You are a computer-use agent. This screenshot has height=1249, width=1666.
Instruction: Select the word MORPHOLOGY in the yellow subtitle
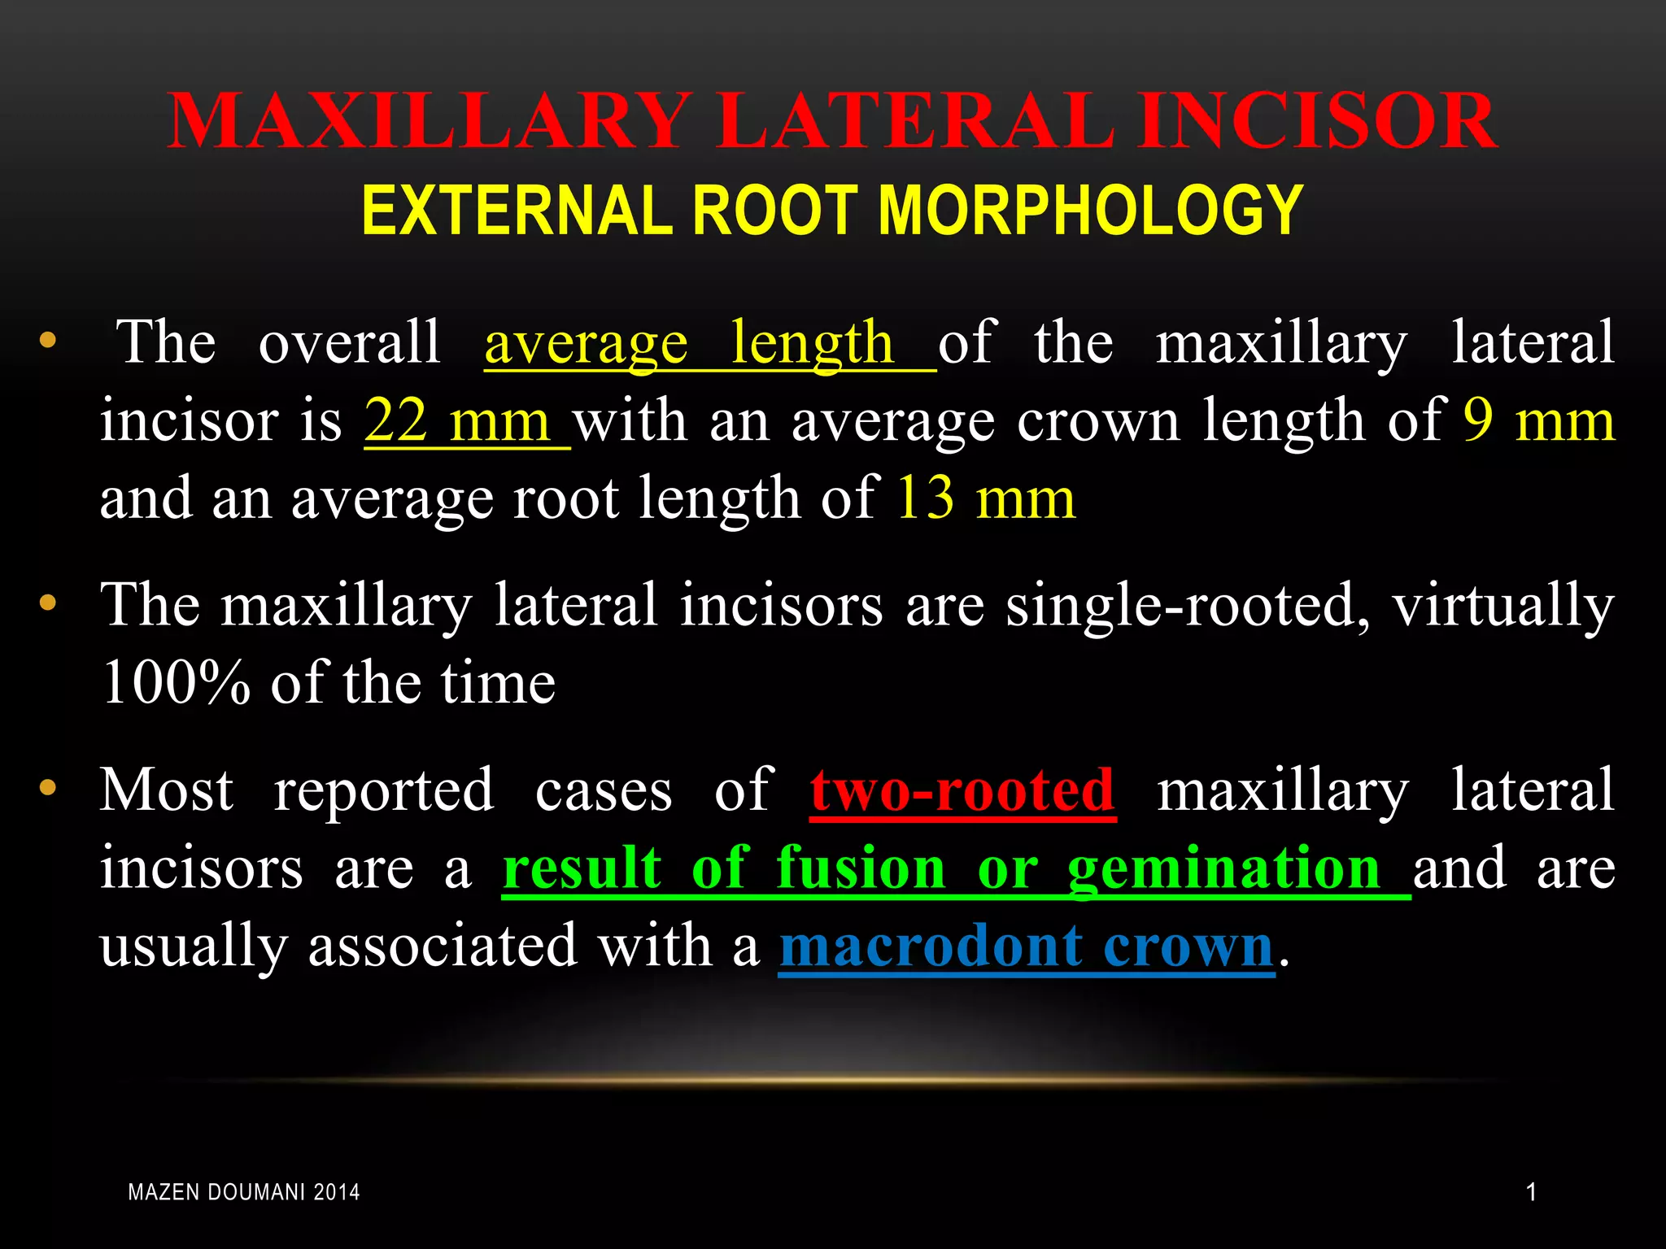pos(1090,211)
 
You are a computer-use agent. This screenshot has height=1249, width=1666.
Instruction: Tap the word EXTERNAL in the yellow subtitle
pos(517,211)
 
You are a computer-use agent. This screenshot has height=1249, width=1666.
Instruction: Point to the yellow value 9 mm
pos(1538,421)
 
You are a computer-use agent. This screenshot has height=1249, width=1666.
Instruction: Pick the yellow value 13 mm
pos(986,498)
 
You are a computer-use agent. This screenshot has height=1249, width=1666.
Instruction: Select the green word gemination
pos(1223,868)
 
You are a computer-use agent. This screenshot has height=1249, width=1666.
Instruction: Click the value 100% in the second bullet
pos(176,683)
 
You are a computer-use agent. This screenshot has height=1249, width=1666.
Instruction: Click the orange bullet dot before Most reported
pos(48,787)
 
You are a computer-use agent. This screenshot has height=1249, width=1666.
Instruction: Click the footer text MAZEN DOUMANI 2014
pos(244,1193)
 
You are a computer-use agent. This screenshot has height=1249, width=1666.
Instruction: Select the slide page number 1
pos(1531,1193)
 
